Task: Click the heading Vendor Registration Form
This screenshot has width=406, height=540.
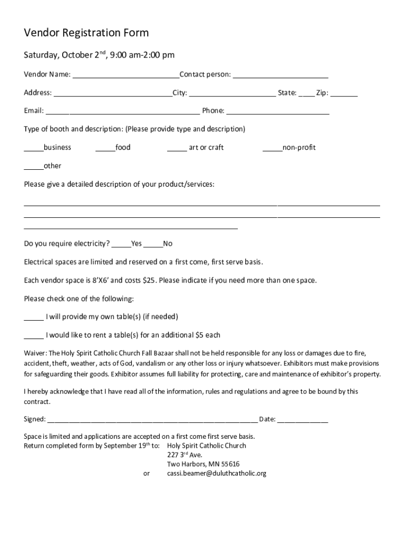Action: click(86, 33)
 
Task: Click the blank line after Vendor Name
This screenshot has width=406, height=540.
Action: click(125, 75)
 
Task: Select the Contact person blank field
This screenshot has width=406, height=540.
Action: click(281, 75)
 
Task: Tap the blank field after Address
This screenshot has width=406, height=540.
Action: click(113, 93)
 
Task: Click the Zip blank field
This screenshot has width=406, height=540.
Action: click(344, 93)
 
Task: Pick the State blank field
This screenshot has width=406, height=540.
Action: click(306, 93)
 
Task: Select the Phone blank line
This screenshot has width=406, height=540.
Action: click(278, 111)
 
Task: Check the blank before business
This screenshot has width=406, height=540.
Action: click(34, 148)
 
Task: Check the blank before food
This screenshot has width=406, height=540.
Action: click(105, 148)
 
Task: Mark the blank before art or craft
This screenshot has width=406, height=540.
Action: click(177, 148)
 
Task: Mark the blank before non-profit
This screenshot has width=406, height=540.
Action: click(272, 148)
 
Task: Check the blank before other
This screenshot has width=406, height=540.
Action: click(34, 167)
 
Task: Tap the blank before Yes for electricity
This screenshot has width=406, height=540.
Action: click(121, 244)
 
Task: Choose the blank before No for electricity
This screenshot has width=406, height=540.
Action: click(153, 244)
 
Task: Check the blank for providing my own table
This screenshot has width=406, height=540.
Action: click(34, 317)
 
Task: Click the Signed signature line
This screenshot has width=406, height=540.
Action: click(152, 420)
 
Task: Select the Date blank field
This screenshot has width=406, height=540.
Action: click(302, 420)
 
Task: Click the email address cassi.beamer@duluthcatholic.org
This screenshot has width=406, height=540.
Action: click(217, 474)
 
